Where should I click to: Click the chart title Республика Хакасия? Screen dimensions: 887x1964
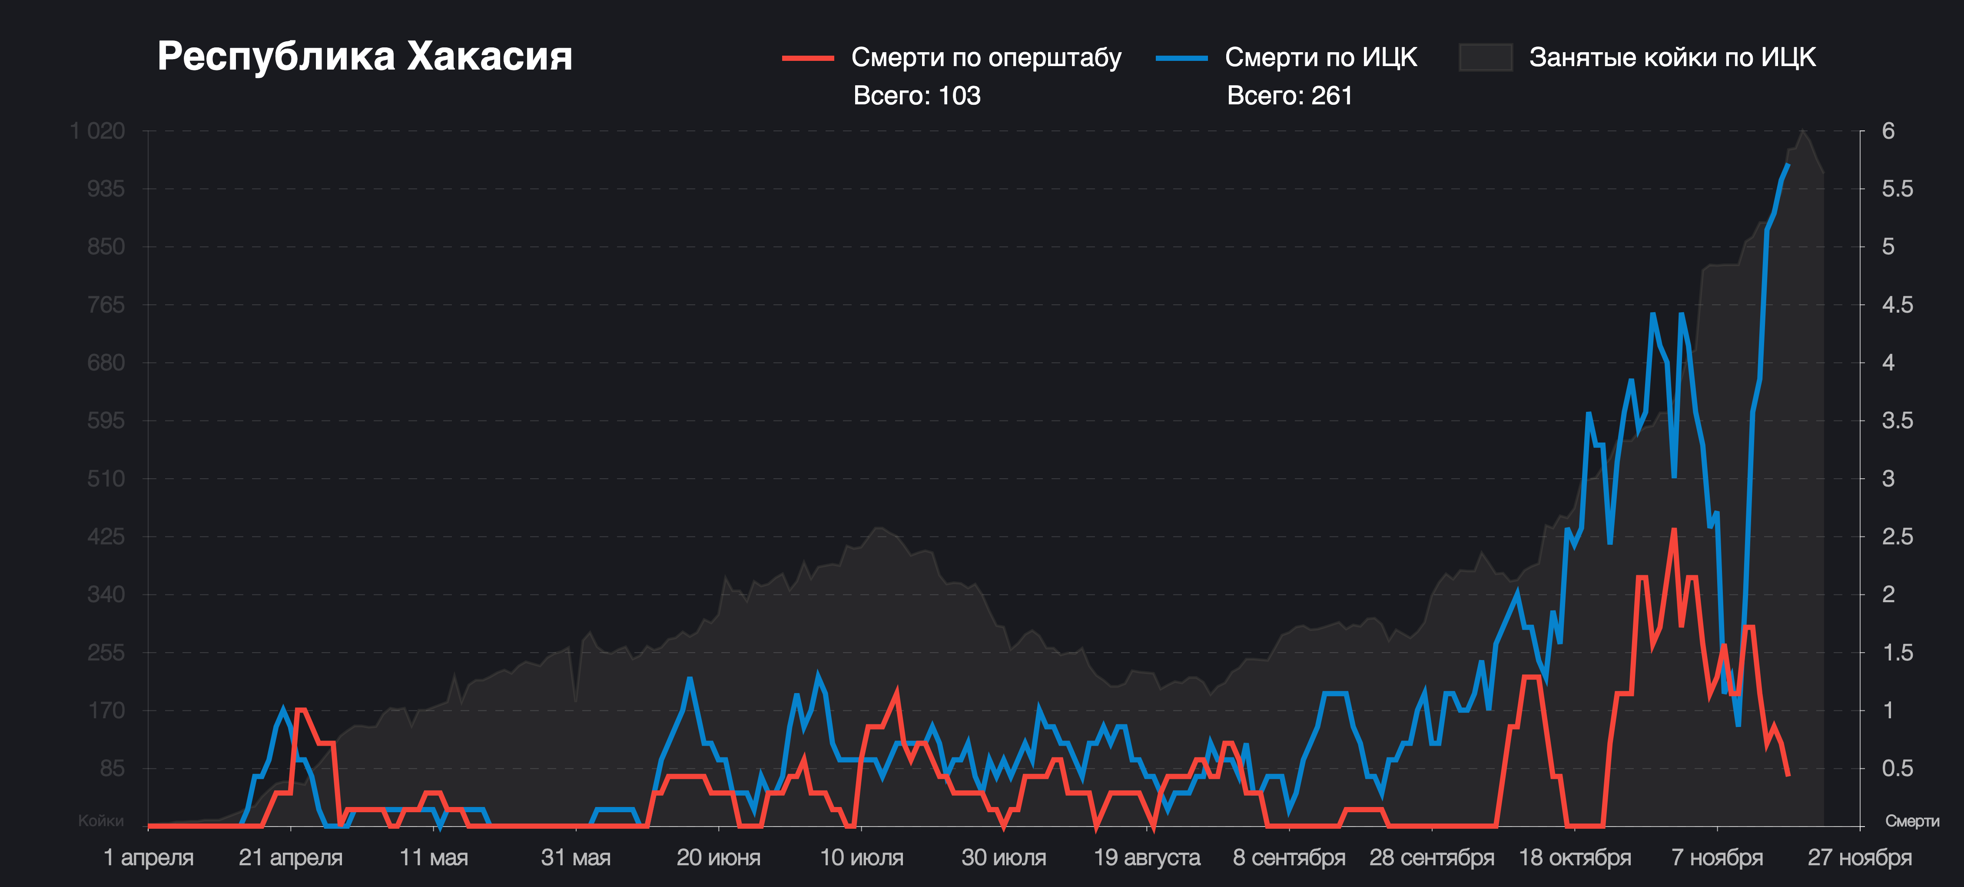point(365,57)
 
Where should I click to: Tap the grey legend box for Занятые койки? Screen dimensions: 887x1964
point(1485,58)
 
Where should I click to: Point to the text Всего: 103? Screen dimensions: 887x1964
point(916,96)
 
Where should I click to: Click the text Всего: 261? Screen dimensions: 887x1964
point(1289,96)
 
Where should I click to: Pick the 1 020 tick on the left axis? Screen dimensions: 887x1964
point(98,131)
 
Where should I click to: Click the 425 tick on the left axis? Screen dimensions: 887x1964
point(106,537)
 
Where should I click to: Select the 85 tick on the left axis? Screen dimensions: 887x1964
point(112,769)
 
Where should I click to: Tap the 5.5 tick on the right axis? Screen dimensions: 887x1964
point(1897,189)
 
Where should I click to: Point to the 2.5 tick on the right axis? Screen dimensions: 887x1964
point(1897,537)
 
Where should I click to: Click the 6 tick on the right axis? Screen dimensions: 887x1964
point(1888,131)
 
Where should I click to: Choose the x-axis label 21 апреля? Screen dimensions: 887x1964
point(291,857)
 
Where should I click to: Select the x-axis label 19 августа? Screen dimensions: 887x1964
point(1147,857)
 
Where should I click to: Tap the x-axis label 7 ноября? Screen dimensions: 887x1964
point(1717,857)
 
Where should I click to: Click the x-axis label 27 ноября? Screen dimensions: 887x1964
point(1860,857)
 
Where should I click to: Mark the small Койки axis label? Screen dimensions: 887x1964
point(101,820)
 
